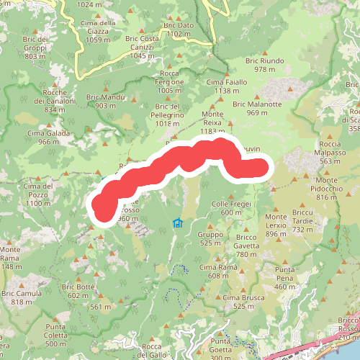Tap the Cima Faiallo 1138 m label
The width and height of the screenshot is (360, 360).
[227, 86]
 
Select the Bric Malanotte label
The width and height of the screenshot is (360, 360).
[257, 109]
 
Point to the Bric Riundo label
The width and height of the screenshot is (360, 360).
[265, 66]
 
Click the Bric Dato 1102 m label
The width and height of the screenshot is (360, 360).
[179, 30]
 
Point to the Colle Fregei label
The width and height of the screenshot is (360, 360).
[232, 208]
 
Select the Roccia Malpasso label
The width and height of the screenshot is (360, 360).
[335, 157]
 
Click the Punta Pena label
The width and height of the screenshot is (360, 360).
[285, 278]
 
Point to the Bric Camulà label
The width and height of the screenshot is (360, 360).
[21, 297]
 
